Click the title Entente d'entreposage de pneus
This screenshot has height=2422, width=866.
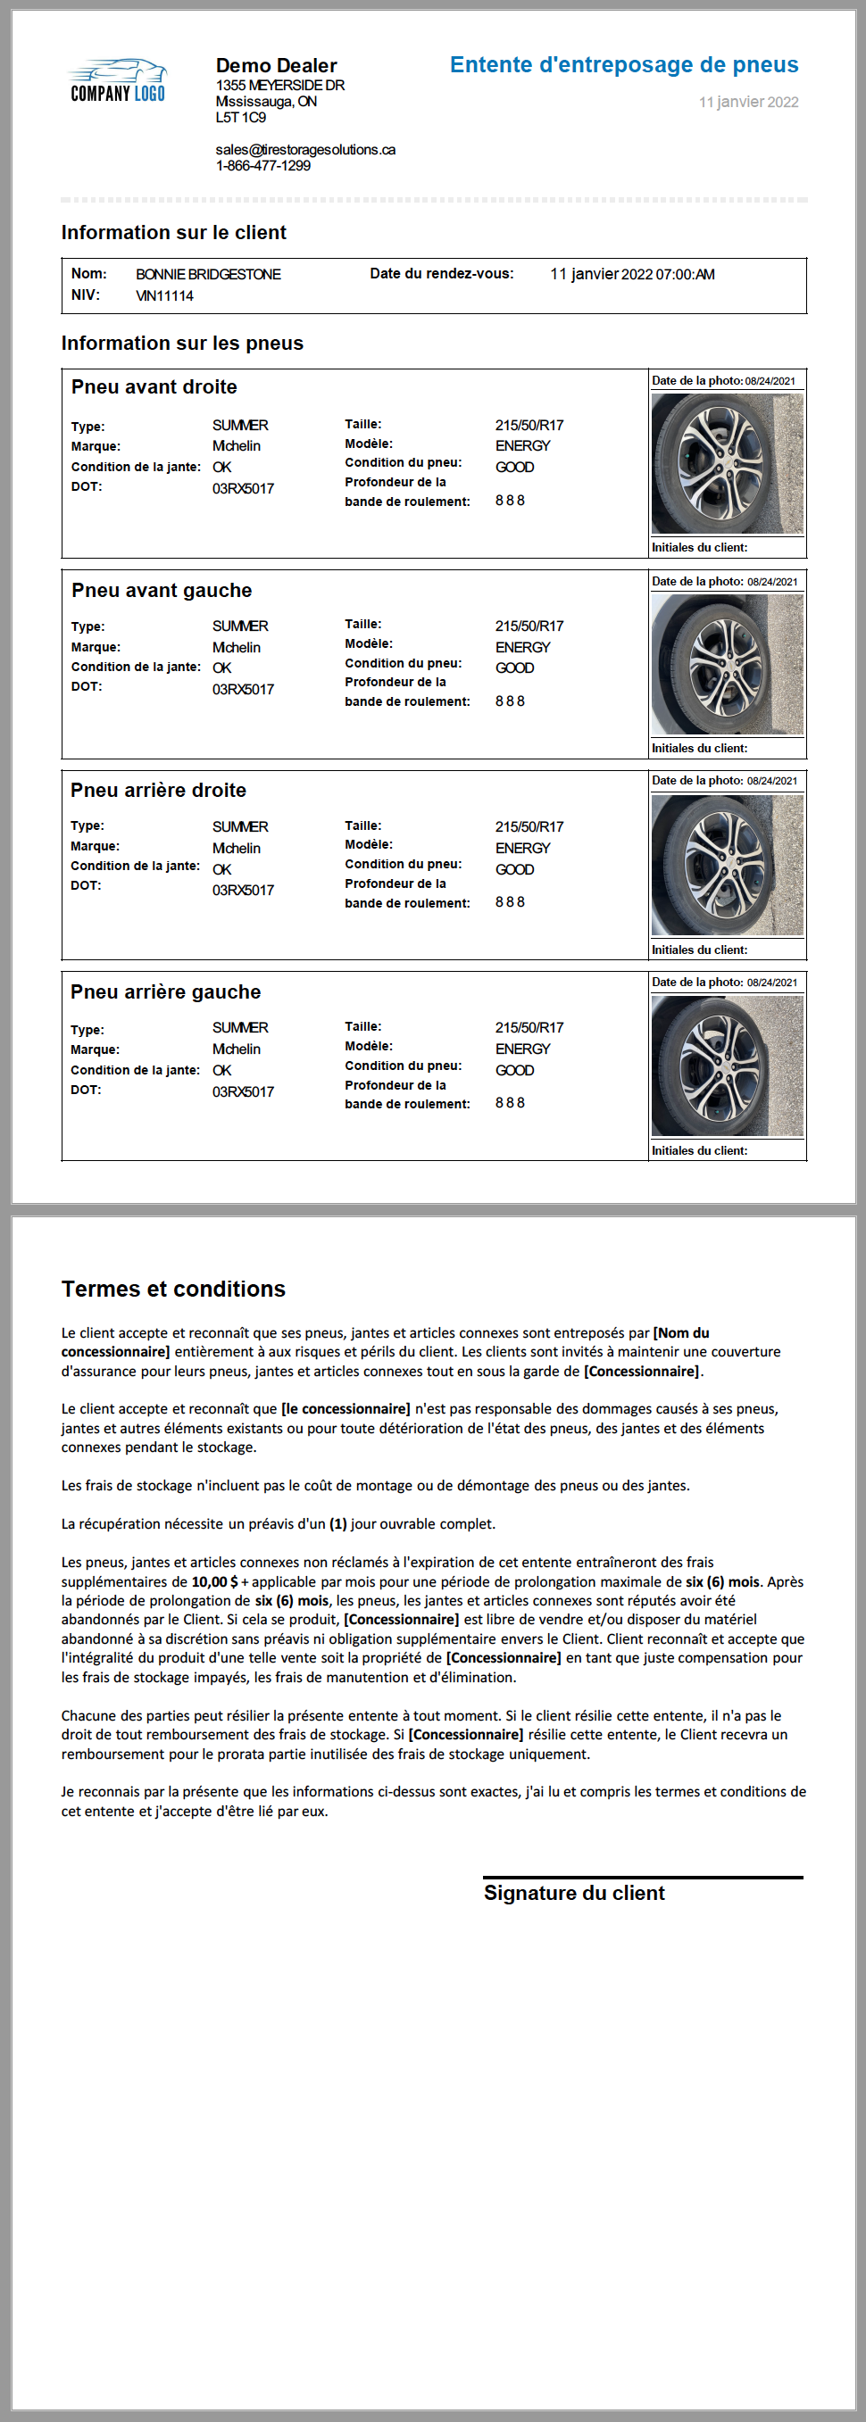623,65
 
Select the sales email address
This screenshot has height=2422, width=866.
304,150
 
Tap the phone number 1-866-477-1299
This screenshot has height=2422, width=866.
262,165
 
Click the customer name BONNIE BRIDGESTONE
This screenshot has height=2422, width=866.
208,275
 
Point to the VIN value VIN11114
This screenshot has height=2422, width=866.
164,295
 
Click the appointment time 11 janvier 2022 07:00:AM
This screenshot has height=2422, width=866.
632,275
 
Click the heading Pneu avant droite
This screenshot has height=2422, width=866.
154,386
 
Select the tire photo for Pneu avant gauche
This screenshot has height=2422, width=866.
727,664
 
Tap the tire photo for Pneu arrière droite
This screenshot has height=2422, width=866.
727,865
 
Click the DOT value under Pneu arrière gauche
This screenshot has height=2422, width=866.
243,1091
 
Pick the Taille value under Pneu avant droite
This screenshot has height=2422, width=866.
529,425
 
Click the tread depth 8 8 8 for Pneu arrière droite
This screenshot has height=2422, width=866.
510,901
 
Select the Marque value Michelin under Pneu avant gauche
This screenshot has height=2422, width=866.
236,647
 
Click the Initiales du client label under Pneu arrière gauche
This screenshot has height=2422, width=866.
700,1150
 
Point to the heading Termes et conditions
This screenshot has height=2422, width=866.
173,1288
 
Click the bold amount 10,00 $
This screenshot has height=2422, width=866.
214,1581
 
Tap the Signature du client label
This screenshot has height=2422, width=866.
573,1893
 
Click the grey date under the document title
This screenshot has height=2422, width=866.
747,102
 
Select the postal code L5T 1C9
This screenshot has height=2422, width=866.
241,118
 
